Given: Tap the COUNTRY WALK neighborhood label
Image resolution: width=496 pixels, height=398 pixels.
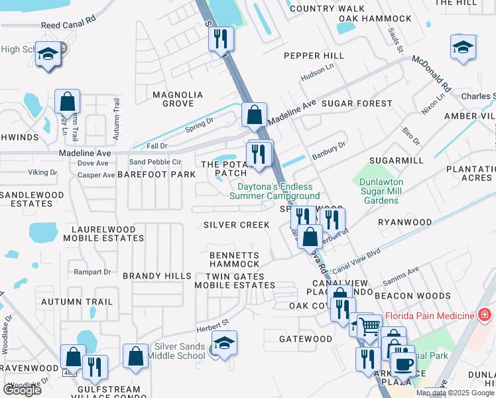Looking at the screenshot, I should pos(318,9).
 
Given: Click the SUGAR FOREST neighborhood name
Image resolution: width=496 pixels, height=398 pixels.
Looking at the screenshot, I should pos(357,103).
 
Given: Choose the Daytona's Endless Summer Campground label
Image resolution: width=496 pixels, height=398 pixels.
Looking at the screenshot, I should pos(275,191).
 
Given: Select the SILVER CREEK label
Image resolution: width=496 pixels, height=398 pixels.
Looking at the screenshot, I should pos(237,225).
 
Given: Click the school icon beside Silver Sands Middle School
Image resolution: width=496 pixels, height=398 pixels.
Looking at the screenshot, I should pos(224,344).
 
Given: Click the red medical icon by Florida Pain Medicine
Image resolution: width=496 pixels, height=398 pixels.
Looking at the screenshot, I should pos(485,314).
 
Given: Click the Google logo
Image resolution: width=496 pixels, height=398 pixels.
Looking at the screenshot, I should pos(22,390).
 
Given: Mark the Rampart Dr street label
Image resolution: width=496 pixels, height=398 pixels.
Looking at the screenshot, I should pos(92,272).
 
